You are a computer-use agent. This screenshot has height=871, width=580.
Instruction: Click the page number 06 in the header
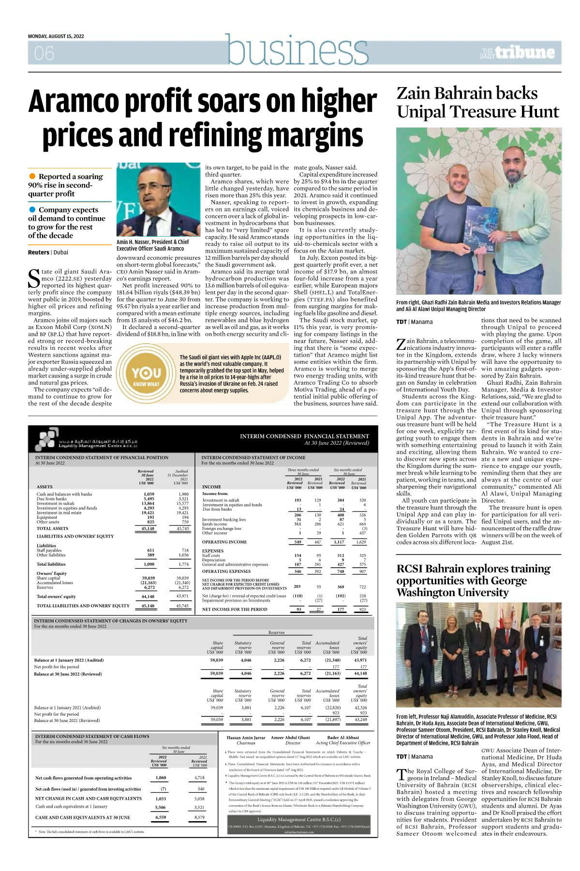click(x=44, y=53)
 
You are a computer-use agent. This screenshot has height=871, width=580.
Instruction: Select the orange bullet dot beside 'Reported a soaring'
click(x=32, y=177)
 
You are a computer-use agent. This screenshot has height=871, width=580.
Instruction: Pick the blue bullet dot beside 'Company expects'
click(x=32, y=210)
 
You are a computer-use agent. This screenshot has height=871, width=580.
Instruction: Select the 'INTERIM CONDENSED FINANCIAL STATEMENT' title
click(x=304, y=436)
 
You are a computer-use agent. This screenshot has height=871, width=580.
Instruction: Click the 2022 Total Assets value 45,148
click(x=148, y=528)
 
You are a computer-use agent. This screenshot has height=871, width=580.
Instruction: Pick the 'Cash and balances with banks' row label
click(x=64, y=494)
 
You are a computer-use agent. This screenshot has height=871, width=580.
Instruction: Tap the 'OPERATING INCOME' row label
click(x=224, y=542)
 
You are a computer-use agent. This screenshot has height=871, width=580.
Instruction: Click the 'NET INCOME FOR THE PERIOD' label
click(x=235, y=609)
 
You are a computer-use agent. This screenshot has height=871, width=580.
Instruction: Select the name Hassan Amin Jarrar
click(x=246, y=738)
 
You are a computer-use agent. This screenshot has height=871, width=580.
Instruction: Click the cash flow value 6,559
click(x=161, y=817)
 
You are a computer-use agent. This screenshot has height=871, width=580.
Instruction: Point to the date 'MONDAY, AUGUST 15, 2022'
click(x=56, y=36)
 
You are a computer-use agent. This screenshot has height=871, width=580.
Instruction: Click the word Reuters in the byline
click(x=39, y=252)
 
